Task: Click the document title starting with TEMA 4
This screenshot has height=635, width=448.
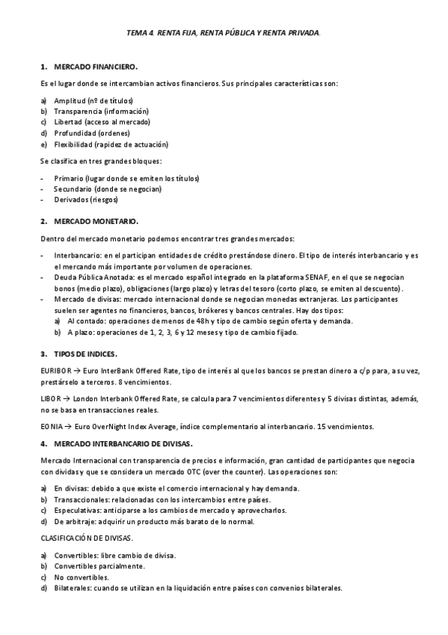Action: tap(224, 33)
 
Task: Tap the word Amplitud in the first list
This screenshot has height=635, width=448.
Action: tap(70, 100)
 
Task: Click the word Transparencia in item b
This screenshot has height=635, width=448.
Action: tap(78, 111)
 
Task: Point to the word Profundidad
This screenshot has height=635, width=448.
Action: tap(75, 133)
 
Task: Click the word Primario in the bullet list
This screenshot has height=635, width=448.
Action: tap(69, 179)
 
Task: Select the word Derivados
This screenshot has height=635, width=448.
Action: tap(71, 200)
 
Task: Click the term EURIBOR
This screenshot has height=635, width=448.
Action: tap(55, 370)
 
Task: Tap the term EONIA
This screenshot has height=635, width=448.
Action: tap(52, 426)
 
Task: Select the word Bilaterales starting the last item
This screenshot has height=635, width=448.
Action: tap(73, 589)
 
